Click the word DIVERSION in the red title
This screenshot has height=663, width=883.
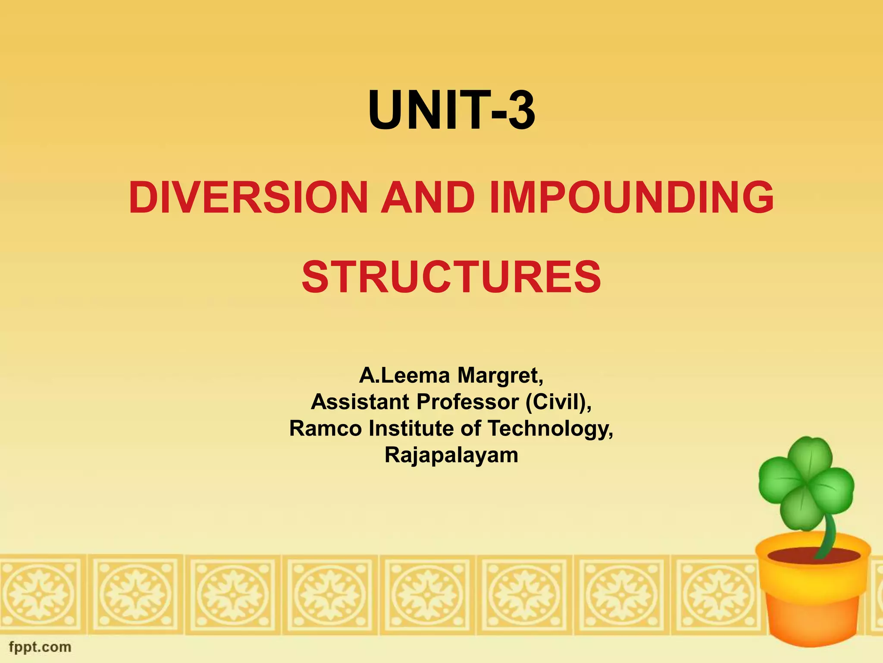248,198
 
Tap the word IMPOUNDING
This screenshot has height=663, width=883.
632,198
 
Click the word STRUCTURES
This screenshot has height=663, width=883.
451,277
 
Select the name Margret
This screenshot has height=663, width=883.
500,375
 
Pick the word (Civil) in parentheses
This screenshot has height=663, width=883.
558,402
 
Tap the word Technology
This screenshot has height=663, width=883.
550,429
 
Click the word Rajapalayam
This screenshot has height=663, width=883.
451,455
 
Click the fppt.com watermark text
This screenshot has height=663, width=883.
40,647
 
